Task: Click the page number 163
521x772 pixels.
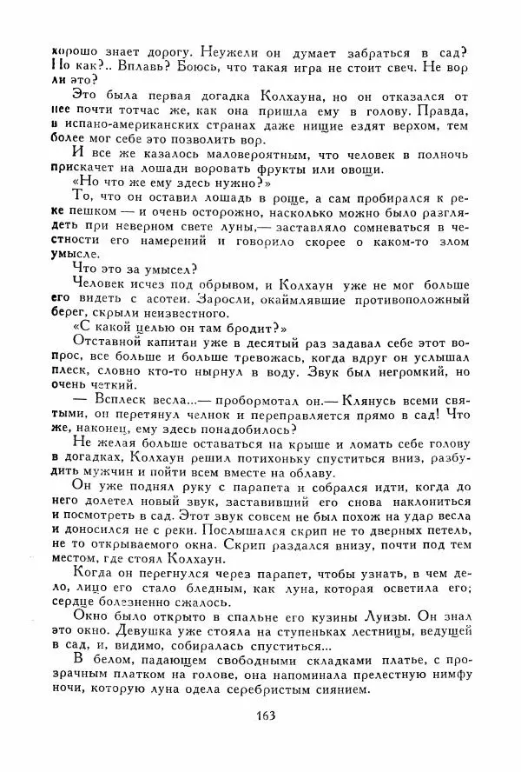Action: coord(267,740)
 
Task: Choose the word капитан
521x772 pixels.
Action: coord(183,342)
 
